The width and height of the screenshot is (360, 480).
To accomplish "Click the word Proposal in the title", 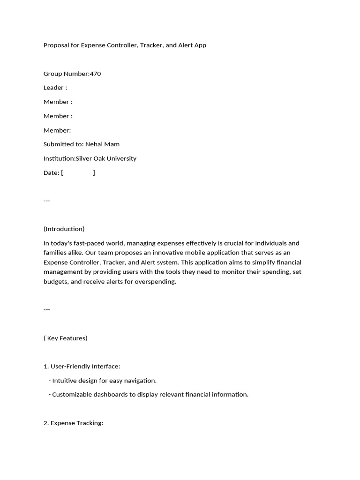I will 56,45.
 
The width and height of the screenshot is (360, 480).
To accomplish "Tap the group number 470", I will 95,74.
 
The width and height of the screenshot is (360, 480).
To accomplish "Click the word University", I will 121,158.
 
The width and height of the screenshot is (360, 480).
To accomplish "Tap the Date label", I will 51,172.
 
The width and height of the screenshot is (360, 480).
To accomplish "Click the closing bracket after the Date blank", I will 94,172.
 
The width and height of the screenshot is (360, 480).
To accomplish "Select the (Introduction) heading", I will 64,229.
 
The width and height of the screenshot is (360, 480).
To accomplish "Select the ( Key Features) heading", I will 66,338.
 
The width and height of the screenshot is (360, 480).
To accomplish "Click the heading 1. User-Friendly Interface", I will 82,366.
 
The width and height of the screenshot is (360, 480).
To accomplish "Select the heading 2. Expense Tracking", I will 73,423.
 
